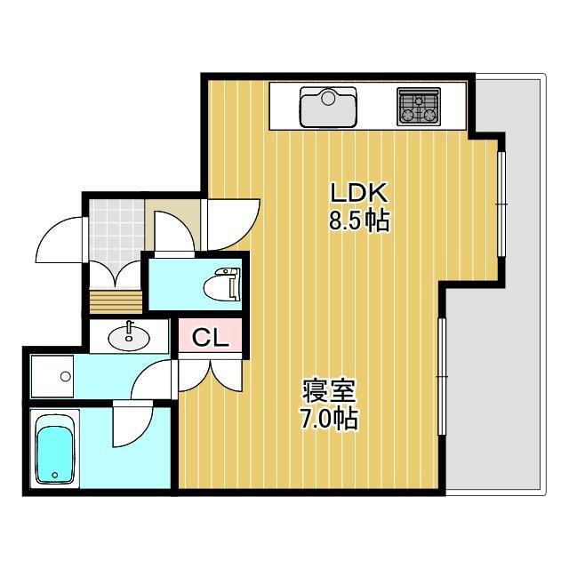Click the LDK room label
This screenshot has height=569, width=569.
(359, 193)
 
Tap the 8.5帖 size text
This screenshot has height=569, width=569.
(359, 220)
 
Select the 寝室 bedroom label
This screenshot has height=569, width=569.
(330, 391)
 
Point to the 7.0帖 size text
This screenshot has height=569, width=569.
(330, 419)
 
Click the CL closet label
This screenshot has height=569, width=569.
(210, 338)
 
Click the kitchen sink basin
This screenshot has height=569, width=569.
(328, 108)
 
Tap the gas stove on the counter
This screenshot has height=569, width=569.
(419, 107)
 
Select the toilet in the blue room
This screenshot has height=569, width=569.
(221, 284)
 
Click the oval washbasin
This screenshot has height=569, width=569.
(129, 337)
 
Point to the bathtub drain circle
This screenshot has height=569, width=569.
(55, 474)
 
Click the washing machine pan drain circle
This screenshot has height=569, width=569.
(66, 377)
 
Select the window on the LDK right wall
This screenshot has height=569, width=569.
(501, 204)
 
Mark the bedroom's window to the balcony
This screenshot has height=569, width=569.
(442, 377)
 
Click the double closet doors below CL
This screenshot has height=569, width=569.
(210, 375)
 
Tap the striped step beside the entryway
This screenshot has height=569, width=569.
(116, 301)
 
